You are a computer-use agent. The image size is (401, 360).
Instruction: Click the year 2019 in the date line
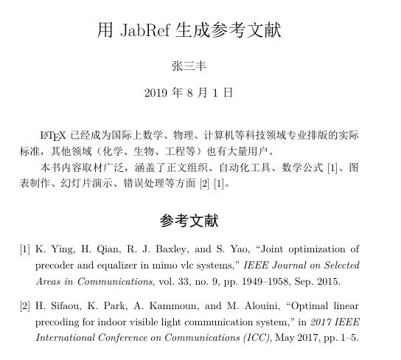[x=158, y=93]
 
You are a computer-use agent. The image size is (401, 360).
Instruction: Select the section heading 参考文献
[x=189, y=221]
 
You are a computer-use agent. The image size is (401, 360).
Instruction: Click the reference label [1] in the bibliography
[x=25, y=249]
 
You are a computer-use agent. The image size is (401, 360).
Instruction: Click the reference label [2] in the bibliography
[x=25, y=304]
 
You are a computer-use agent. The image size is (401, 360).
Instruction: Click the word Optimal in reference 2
[x=299, y=304]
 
